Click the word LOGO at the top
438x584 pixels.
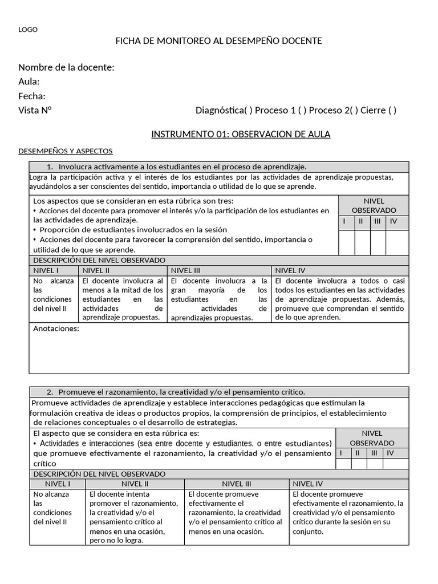coord(28,30)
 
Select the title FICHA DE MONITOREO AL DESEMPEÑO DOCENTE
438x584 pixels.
coord(219,41)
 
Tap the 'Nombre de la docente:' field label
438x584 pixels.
coord(66,67)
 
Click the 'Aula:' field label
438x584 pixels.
coord(29,82)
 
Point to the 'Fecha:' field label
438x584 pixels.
coord(32,96)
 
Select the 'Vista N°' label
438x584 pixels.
coord(35,110)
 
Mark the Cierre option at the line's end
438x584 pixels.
coord(391,110)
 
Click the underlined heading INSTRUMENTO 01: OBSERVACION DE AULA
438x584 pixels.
coord(241,134)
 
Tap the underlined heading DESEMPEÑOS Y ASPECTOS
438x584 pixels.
coord(66,151)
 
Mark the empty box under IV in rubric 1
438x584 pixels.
coord(397,242)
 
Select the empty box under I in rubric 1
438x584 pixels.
coord(346,242)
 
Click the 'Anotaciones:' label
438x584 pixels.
coord(56,328)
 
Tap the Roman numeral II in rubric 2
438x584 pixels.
coord(358,453)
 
